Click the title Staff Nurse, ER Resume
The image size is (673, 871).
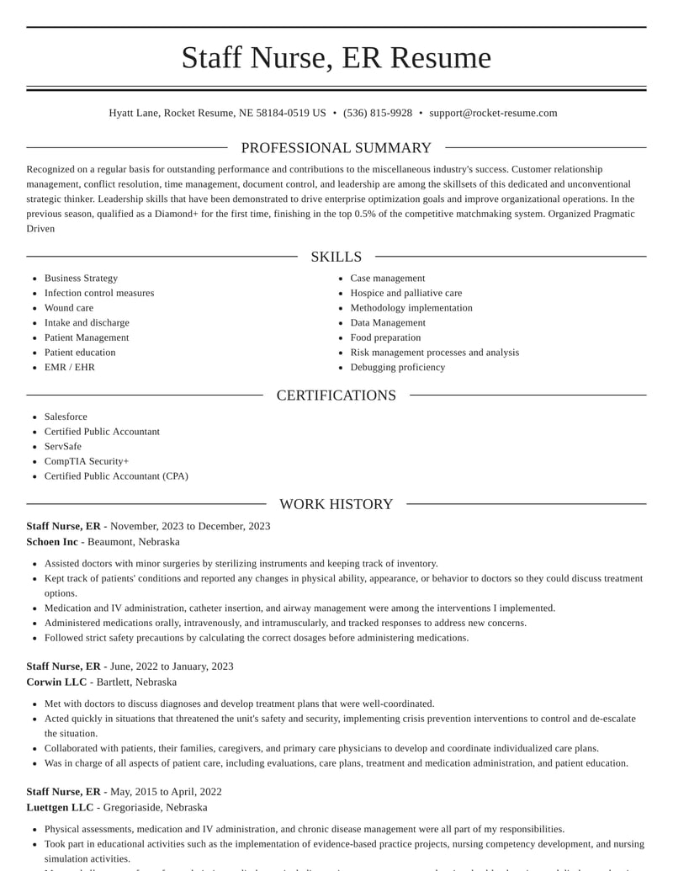(x=336, y=57)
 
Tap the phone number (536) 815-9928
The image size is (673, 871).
(x=378, y=113)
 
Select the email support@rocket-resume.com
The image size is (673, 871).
(x=493, y=113)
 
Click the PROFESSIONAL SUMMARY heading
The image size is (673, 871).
(x=336, y=148)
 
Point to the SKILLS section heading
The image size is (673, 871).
(x=336, y=257)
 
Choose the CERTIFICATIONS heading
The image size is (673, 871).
(x=336, y=396)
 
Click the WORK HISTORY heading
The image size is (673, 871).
(x=336, y=504)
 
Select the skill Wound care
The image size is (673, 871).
(x=69, y=308)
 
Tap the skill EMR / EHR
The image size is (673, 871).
(x=70, y=367)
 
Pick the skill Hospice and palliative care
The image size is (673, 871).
(x=406, y=293)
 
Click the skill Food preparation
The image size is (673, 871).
(x=385, y=337)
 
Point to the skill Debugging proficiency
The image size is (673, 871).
(x=398, y=367)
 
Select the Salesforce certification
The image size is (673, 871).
(x=66, y=417)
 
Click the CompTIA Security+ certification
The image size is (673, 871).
(x=87, y=461)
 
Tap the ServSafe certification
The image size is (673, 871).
(x=63, y=446)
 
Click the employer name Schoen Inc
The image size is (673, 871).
(x=52, y=542)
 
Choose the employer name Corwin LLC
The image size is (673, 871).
(x=56, y=682)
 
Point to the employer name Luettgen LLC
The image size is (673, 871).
(x=60, y=807)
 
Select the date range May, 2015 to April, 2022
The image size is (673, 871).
(x=166, y=792)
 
